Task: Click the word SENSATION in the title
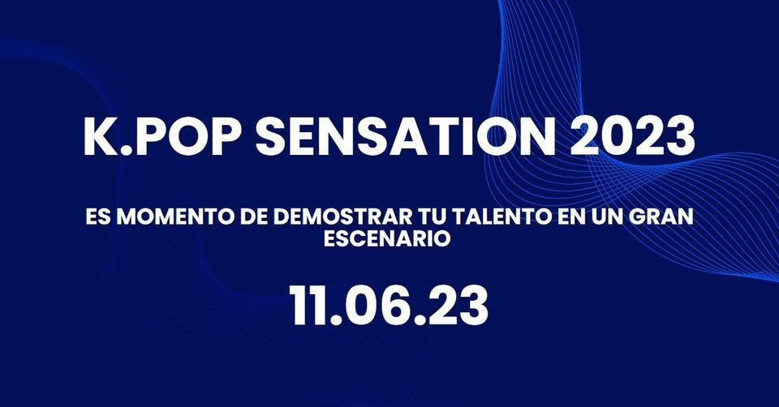click(x=404, y=135)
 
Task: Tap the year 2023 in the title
click(x=632, y=135)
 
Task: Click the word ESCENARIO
click(x=387, y=239)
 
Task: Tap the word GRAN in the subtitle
click(x=662, y=217)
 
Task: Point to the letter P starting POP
click(x=148, y=135)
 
